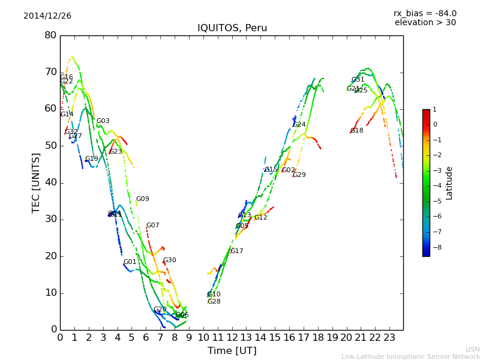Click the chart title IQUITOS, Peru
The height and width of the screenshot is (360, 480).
tap(232, 28)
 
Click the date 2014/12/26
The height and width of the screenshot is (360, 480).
tap(47, 16)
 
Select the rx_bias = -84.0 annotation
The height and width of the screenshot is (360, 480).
tap(425, 13)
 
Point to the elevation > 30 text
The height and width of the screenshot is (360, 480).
tap(425, 23)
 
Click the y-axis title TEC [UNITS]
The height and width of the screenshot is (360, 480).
tap(36, 182)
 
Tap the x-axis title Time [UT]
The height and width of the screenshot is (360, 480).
tap(232, 351)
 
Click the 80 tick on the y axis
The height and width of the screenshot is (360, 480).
tap(50, 35)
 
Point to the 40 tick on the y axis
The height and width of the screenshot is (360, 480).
tap(50, 182)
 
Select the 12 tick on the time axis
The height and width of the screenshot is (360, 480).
tap(232, 337)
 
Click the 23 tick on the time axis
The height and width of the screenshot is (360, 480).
tap(389, 337)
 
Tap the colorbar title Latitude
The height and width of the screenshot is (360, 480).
tap(449, 183)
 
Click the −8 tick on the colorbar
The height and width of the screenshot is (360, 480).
tap(434, 247)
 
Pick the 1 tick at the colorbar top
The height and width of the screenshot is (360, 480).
tap(434, 110)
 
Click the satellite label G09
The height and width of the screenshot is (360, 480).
tap(142, 199)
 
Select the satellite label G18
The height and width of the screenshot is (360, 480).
tap(357, 131)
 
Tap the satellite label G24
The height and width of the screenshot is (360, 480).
tap(299, 125)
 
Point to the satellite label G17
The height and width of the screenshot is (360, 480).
tap(237, 251)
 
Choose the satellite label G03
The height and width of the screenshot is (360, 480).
tap(103, 121)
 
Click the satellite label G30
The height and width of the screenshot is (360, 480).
tap(170, 260)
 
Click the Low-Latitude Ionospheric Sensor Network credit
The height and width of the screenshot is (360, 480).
tap(410, 356)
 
